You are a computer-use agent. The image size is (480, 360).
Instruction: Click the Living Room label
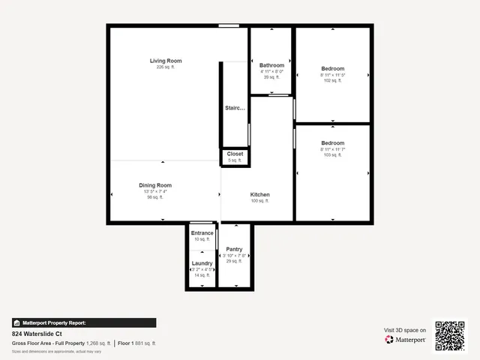pyautogui.click(x=165, y=61)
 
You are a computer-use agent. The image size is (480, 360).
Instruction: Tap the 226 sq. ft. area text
pyautogui.click(x=165, y=67)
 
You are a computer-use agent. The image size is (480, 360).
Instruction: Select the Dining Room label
pyautogui.click(x=155, y=185)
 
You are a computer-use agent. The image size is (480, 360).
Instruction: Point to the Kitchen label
pyautogui.click(x=259, y=194)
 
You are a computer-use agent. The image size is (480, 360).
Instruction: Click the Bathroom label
pyautogui.click(x=271, y=65)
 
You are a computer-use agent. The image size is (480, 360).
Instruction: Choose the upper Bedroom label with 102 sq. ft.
pyautogui.click(x=332, y=68)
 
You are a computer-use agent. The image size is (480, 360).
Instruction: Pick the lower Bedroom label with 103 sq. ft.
pyautogui.click(x=332, y=142)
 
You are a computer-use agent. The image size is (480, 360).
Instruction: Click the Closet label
pyautogui.click(x=235, y=154)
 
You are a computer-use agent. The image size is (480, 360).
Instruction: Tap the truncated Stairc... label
pyautogui.click(x=235, y=108)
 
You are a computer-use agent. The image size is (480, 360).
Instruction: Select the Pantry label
pyautogui.click(x=234, y=249)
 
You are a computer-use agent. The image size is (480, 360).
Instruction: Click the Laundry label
pyautogui.click(x=202, y=263)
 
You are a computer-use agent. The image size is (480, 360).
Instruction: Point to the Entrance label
pyautogui.click(x=202, y=233)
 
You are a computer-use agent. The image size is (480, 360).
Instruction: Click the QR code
pyautogui.click(x=450, y=335)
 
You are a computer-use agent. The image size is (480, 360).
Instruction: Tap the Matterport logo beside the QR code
pyautogui.click(x=406, y=340)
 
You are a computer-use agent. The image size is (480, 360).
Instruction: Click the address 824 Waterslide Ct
pyautogui.click(x=37, y=333)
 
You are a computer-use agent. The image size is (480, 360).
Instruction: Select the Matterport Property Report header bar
pyautogui.click(x=84, y=322)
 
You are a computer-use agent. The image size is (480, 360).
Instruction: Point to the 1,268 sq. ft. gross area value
pyautogui.click(x=98, y=343)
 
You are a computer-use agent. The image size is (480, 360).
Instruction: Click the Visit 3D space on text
pyautogui.click(x=405, y=330)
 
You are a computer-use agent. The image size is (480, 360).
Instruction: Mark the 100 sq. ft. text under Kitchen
pyautogui.click(x=259, y=201)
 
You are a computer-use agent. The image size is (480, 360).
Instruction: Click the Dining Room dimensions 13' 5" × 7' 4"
pyautogui.click(x=155, y=191)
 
